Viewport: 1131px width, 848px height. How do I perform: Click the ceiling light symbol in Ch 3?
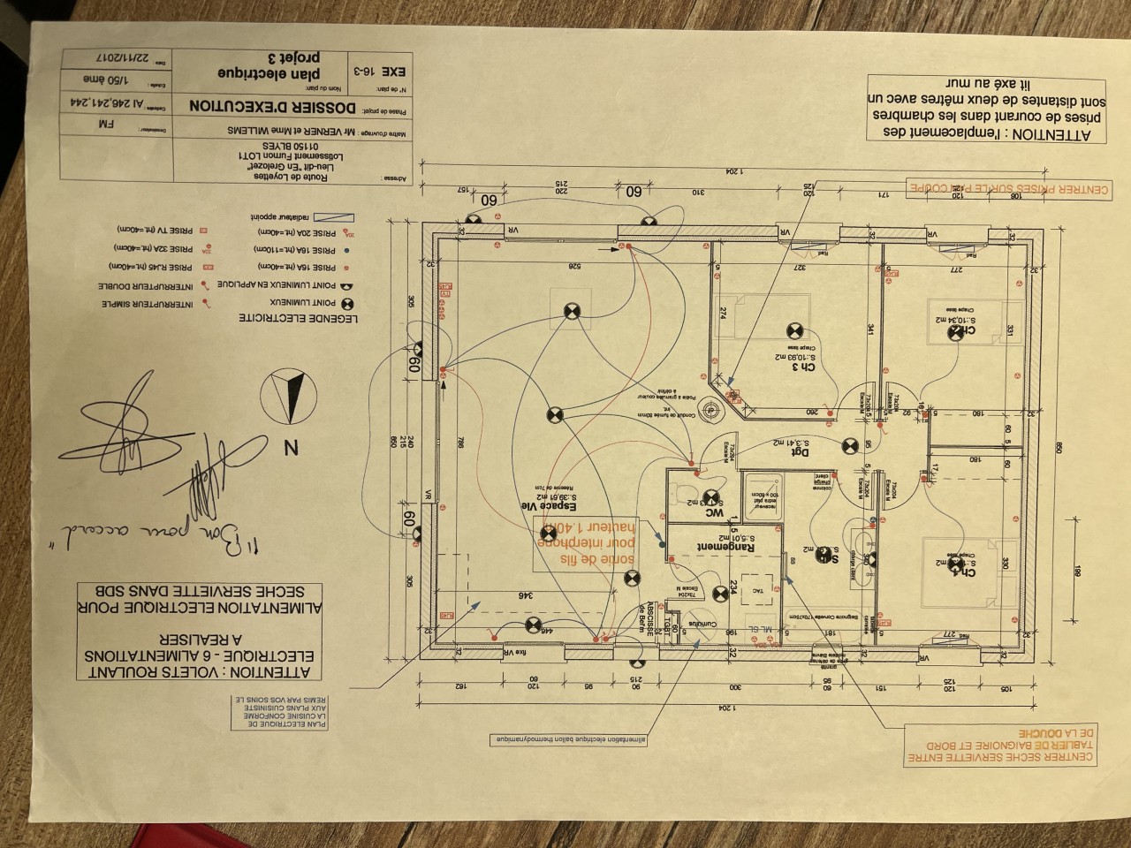(793, 331)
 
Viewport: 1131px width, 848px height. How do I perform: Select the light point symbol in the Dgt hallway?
(849, 448)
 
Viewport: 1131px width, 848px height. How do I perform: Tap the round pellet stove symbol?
(712, 410)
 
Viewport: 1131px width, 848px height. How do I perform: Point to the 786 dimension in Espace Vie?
(460, 446)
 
